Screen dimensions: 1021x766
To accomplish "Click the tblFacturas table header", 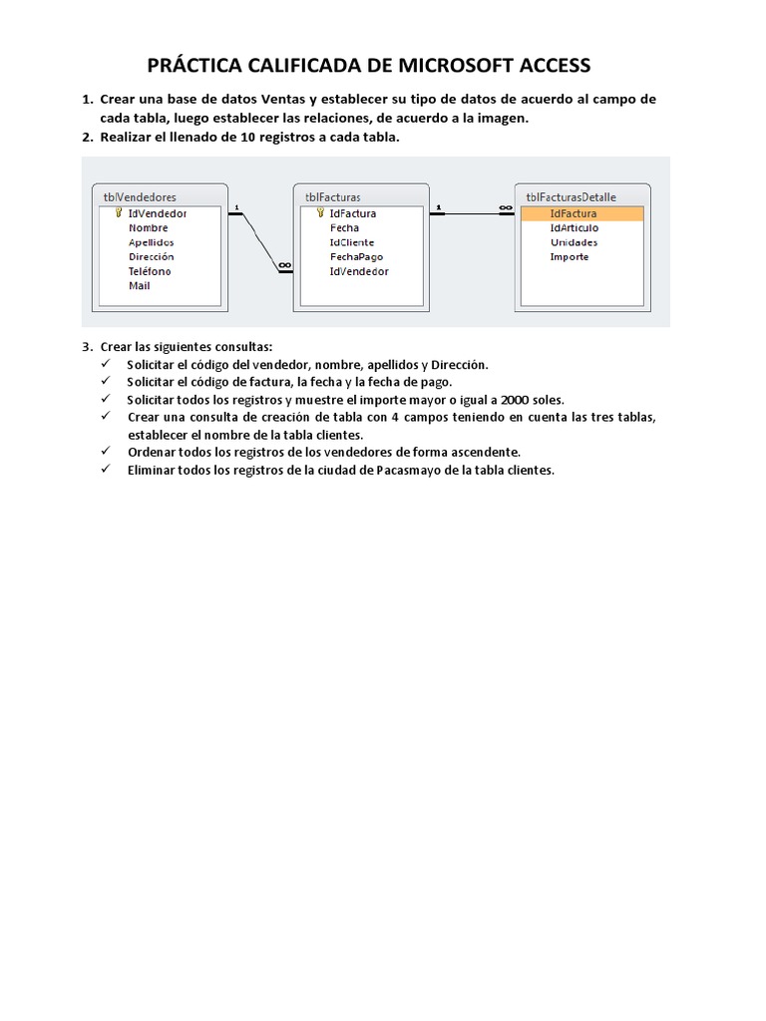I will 333,197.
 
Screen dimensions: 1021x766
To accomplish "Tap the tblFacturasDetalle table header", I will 571,197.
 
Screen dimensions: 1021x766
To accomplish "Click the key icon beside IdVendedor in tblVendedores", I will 119,213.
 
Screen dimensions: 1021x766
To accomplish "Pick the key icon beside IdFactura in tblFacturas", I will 320,213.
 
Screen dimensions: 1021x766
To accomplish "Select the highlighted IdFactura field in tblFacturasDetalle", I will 574,213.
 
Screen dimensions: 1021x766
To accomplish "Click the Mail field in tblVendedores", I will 140,285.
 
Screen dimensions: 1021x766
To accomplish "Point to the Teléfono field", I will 150,271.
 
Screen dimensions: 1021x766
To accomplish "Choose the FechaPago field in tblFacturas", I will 356,256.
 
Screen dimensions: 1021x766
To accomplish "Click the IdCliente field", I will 352,242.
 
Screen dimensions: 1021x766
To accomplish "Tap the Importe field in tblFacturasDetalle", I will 570,256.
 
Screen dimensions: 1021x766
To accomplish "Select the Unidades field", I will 574,242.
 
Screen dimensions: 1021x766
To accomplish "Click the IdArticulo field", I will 574,228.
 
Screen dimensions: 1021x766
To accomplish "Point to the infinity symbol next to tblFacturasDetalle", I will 505,208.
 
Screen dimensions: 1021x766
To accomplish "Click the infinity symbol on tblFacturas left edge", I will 285,264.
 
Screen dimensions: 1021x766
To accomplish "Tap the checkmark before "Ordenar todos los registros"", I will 107,452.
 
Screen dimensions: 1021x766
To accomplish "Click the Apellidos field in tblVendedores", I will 152,242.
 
